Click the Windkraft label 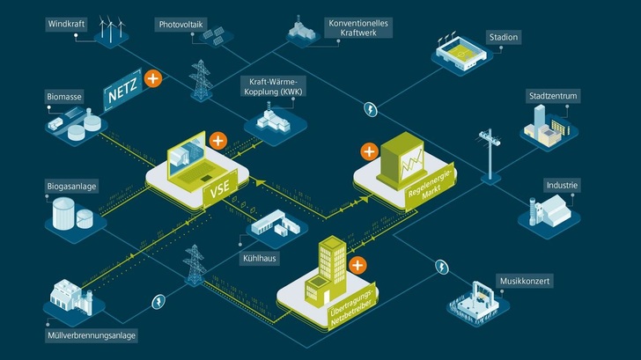point(69,23)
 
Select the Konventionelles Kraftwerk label point(358,26)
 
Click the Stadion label point(504,37)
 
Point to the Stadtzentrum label point(552,94)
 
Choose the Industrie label point(561,185)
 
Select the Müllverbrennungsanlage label point(94,335)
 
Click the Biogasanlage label point(75,187)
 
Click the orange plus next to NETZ point(153,79)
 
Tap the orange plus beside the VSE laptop point(218,139)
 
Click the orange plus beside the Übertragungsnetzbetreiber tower point(357,264)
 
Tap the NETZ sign point(123,89)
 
